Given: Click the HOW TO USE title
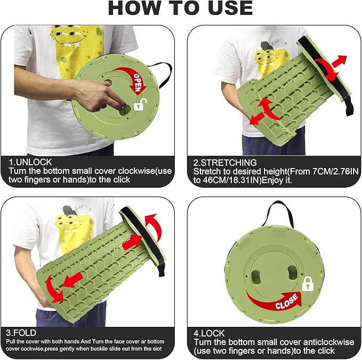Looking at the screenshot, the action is pos(180,9).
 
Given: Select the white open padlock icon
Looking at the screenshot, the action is pos(141,105).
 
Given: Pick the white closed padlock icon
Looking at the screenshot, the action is pos(308,284).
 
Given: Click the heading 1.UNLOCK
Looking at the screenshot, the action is pos(30,162).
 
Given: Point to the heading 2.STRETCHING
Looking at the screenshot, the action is pos(225,163).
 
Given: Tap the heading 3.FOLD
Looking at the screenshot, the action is pos(21,333).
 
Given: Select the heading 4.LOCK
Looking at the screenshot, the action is pos(209,333).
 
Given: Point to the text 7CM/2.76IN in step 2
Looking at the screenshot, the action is pos(335,171).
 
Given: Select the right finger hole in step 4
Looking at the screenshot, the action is pos(292,272).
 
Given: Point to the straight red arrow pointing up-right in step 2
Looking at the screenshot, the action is pos(339,61).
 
